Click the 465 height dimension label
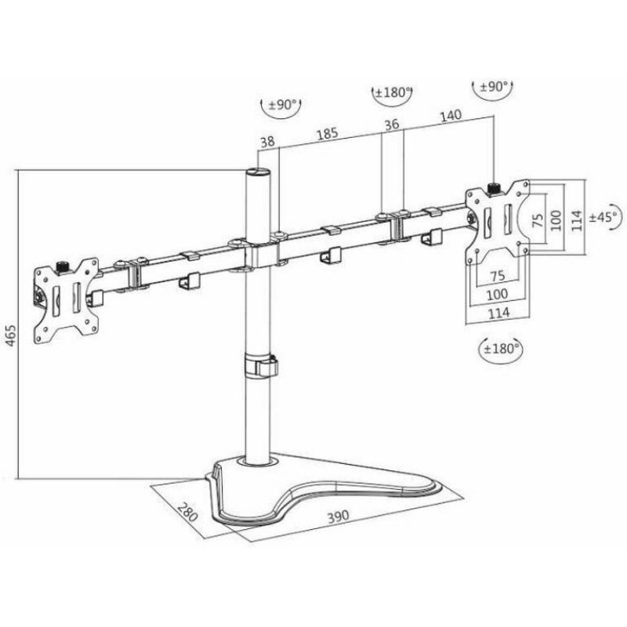pyautogui.click(x=11, y=335)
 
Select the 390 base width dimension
pyautogui.click(x=339, y=516)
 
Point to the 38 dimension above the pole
pyautogui.click(x=267, y=142)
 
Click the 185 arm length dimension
pyautogui.click(x=328, y=133)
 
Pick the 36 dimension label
pyautogui.click(x=392, y=125)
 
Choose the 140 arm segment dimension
pyautogui.click(x=451, y=116)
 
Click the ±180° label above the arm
pyautogui.click(x=392, y=92)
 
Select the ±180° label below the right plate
pyautogui.click(x=501, y=349)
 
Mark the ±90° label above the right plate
pyautogui.click(x=494, y=86)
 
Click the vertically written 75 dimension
pyautogui.click(x=538, y=220)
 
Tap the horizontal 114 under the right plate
pyautogui.click(x=498, y=313)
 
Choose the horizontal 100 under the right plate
pyautogui.click(x=497, y=295)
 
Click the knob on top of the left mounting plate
pyautogui.click(x=62, y=266)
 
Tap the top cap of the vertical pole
pyautogui.click(x=258, y=172)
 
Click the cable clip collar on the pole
pyautogui.click(x=261, y=364)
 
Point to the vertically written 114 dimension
pyautogui.click(x=576, y=220)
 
